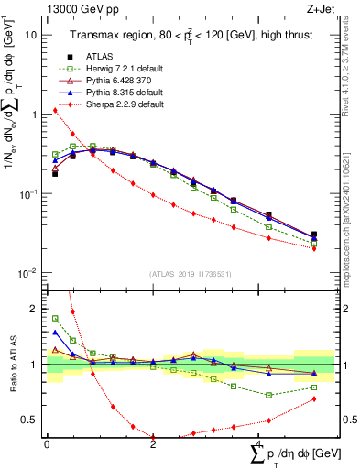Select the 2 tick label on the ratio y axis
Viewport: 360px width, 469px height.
click(35, 309)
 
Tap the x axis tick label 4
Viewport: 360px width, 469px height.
click(258, 445)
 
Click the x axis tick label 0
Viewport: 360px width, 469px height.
click(47, 445)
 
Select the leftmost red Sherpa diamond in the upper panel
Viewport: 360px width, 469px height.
click(55, 110)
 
